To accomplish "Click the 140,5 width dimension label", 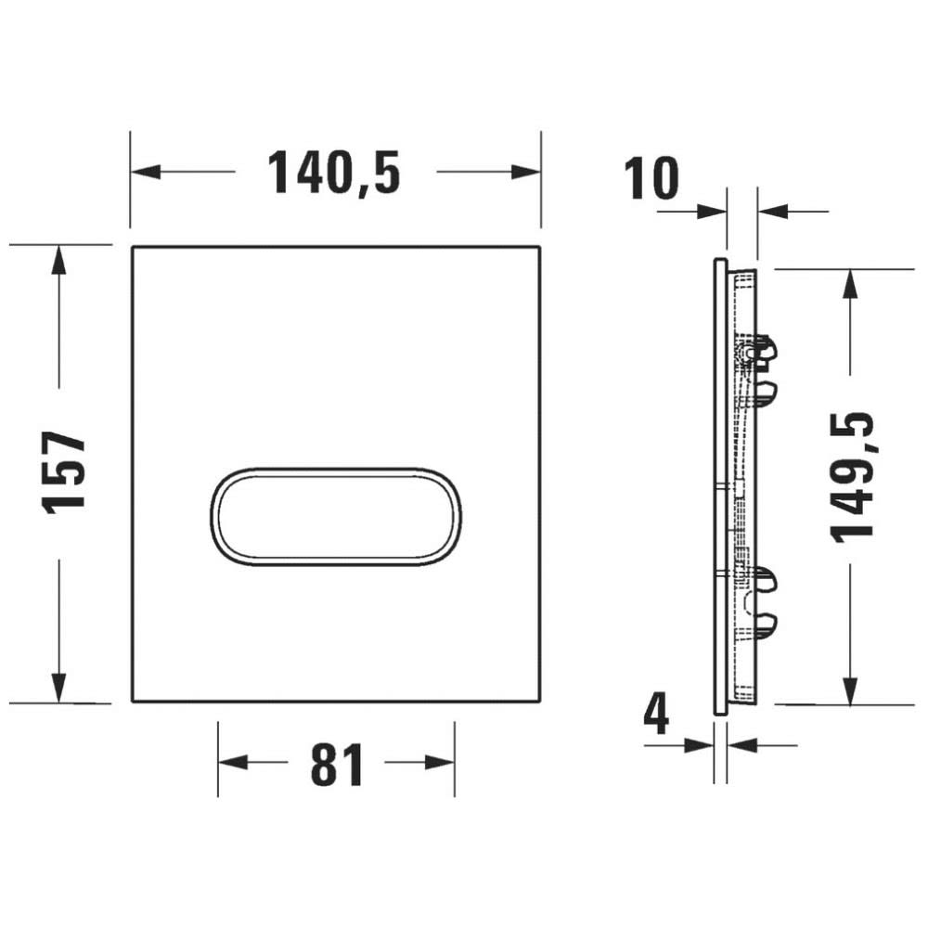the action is coord(334,173).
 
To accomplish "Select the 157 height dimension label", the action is coord(64,473).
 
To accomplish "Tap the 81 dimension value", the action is coord(336,765).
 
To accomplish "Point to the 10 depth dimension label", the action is coord(651,178).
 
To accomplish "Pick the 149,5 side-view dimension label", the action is coord(852,478).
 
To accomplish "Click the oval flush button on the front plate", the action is coord(336,518).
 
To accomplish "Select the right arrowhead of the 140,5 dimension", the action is coord(525,173).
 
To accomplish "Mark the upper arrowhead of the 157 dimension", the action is coord(58,261).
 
